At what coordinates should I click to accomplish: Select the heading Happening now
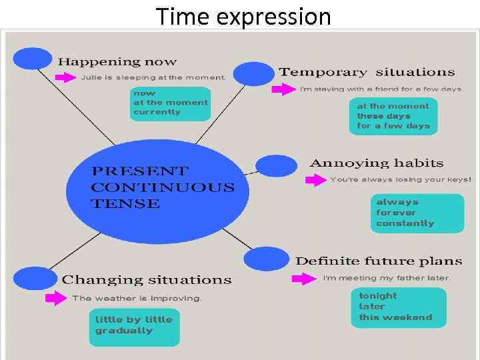pos(117,62)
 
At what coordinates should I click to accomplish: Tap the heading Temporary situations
pos(367,72)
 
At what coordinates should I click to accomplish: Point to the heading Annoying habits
pos(377,163)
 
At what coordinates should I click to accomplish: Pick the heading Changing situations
pos(147,280)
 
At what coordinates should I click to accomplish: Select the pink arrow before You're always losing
pos(315,180)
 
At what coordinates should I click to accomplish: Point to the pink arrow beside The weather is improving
pos(57,298)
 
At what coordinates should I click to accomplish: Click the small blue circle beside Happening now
pos(32,59)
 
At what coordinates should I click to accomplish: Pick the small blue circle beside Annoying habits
pos(276,165)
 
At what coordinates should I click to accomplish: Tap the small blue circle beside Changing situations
pos(35,278)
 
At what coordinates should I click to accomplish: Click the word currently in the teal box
pos(157,112)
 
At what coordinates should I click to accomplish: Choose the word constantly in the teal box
pos(405,223)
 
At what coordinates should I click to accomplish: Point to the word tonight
pos(378,295)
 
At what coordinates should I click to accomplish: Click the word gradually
pos(124,331)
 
